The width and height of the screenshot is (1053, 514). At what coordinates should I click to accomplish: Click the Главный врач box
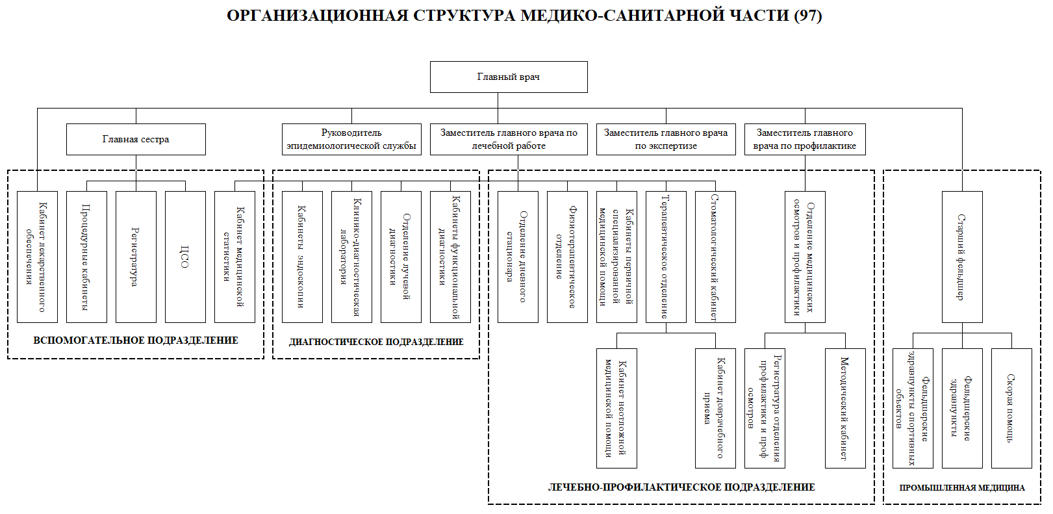[x=509, y=77]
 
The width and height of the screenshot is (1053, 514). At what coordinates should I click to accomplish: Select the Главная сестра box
[x=136, y=139]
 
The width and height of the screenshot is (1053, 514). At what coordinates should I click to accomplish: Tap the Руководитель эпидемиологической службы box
[x=351, y=139]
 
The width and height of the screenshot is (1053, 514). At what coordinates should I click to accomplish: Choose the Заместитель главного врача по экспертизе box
[x=666, y=139]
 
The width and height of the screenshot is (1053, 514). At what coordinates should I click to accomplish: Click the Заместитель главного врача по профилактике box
[x=804, y=139]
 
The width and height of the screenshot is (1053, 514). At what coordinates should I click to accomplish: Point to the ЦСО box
[x=185, y=257]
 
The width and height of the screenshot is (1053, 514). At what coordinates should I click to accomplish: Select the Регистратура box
[x=136, y=257]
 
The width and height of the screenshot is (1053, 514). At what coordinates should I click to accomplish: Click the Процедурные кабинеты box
[x=86, y=257]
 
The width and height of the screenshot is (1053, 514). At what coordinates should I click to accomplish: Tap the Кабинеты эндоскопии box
[x=302, y=257]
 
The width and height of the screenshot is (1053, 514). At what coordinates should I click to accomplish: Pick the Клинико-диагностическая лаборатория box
[x=351, y=257]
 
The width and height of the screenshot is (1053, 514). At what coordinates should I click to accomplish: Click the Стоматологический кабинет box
[x=715, y=257]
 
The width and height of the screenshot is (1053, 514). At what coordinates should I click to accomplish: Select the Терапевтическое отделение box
[x=666, y=257]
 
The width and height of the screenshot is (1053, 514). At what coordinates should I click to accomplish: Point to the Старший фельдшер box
[x=962, y=257]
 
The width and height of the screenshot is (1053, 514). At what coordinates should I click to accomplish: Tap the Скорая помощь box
[x=1011, y=408]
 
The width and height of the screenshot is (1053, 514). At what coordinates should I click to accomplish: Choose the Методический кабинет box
[x=845, y=408]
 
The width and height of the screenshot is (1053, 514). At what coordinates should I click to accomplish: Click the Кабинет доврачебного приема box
[x=715, y=408]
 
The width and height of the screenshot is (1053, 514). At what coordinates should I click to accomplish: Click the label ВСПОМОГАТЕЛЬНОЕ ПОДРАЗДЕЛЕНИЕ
[x=136, y=341]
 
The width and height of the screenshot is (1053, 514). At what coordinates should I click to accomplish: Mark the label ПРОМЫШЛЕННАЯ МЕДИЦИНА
[x=962, y=487]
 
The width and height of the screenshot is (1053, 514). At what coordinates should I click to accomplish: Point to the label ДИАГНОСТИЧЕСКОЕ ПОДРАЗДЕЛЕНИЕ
[x=376, y=342]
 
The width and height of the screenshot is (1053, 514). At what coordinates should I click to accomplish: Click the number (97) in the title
[x=808, y=16]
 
